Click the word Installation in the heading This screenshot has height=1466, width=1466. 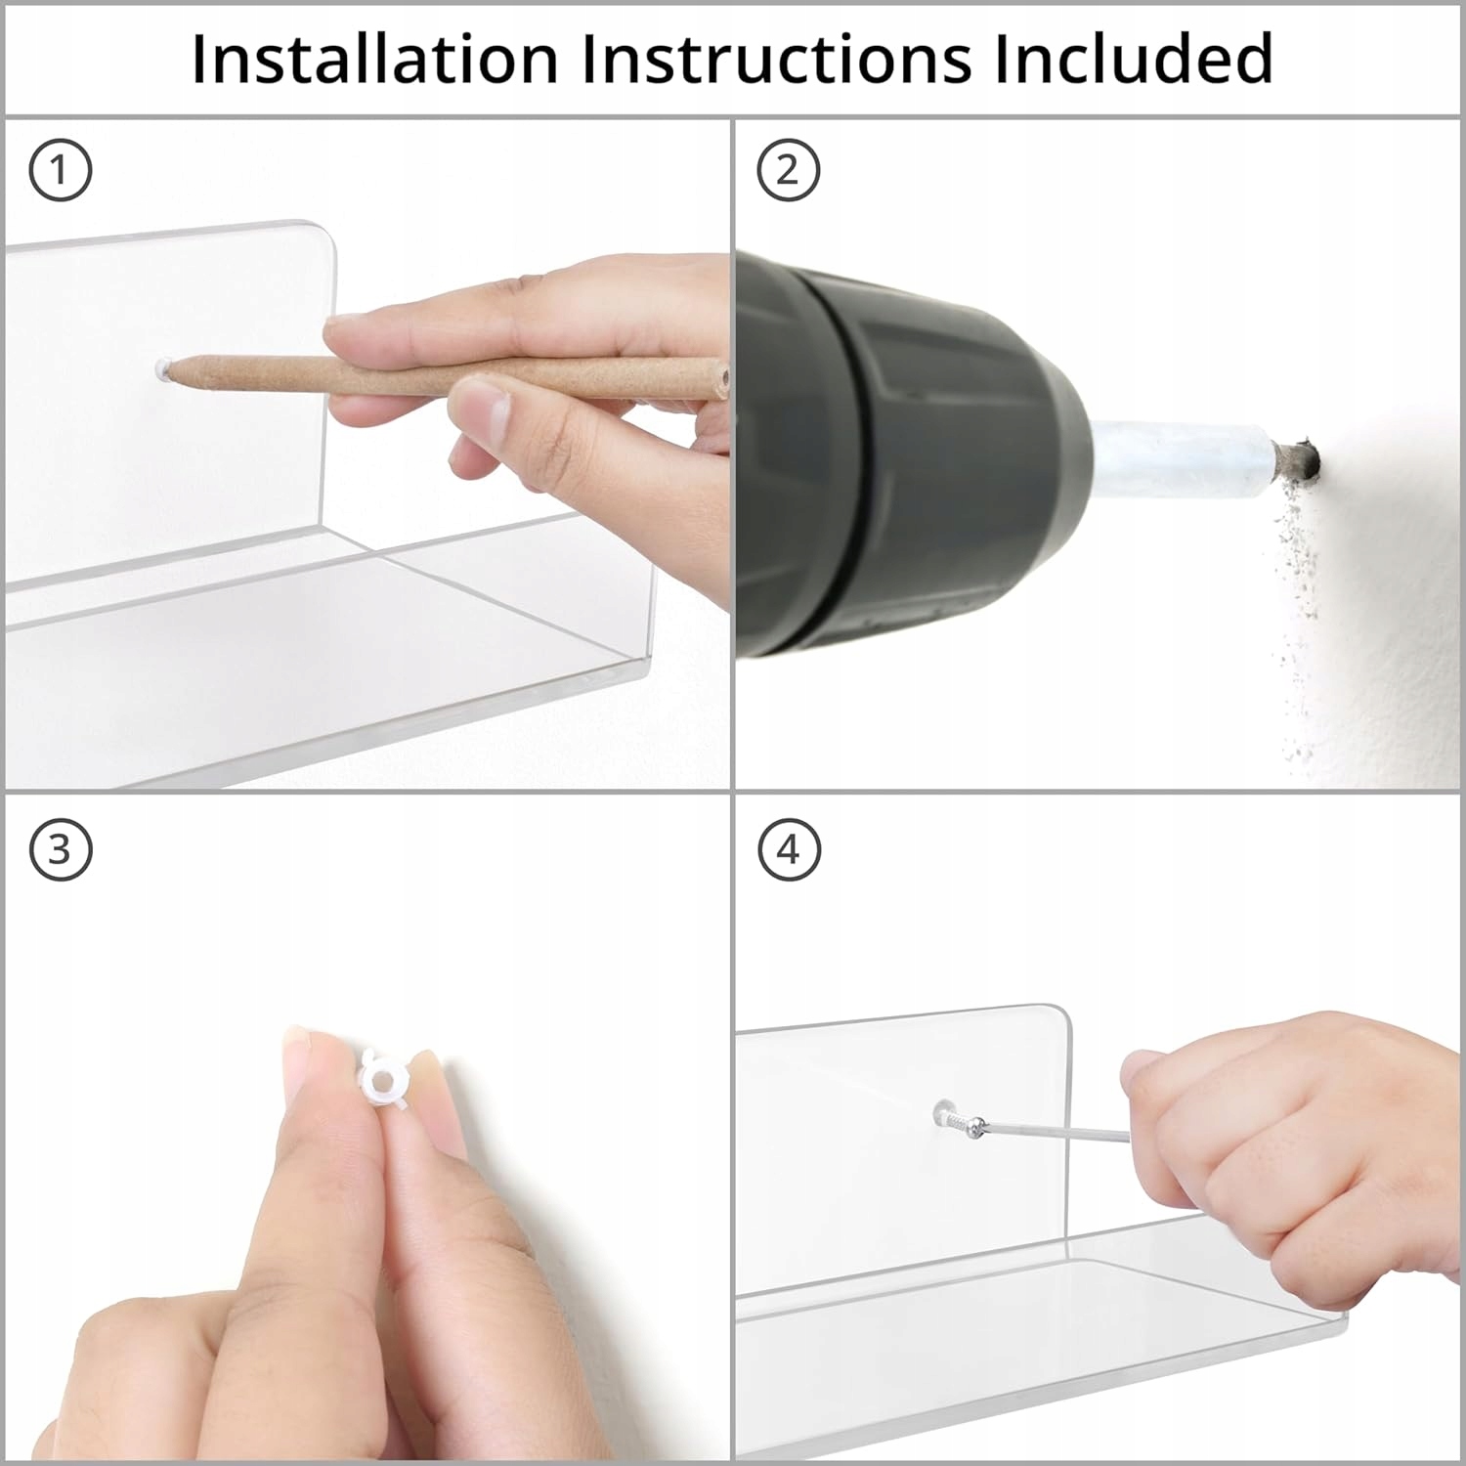coord(374,59)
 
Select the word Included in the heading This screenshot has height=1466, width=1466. coord(1135,59)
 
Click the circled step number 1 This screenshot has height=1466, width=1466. coord(61,171)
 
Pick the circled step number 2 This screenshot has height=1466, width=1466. coord(788,171)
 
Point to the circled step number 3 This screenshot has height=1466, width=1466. coord(61,849)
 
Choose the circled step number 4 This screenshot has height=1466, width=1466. coord(788,849)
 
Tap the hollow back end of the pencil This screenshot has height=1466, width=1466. coord(721,376)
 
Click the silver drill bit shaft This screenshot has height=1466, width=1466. coord(1183,455)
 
